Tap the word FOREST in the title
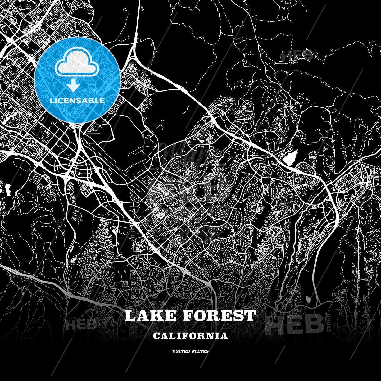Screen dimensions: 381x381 219,316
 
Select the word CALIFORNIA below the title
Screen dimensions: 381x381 190,336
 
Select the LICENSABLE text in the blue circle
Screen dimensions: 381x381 77,101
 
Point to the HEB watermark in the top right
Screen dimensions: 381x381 297,55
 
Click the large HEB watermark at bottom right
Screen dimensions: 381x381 295,324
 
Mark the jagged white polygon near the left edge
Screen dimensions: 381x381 8,188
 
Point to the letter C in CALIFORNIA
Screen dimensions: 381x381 156,336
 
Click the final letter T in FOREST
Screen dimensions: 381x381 250,316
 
